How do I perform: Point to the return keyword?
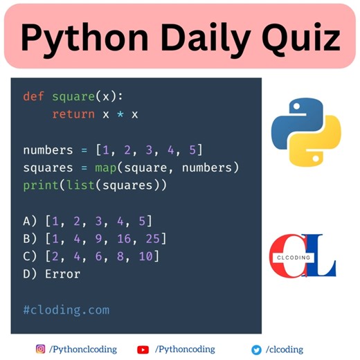point(73,114)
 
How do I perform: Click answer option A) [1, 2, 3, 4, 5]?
point(88,222)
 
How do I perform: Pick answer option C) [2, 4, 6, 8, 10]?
point(91,257)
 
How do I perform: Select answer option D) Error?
point(52,274)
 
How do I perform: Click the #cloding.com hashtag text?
point(66,309)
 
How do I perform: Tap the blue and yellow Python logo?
point(306,132)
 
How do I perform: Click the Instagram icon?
point(41,350)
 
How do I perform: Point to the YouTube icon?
point(143,350)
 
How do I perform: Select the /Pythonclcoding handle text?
point(82,350)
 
